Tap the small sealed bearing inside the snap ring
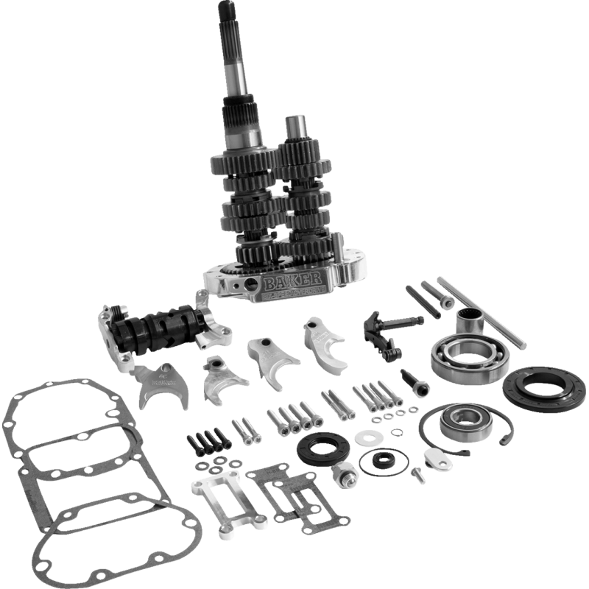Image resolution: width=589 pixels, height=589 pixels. [x=456, y=421]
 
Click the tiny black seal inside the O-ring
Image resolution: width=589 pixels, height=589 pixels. [x=384, y=462]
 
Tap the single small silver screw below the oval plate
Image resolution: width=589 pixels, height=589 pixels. [x=417, y=473]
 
